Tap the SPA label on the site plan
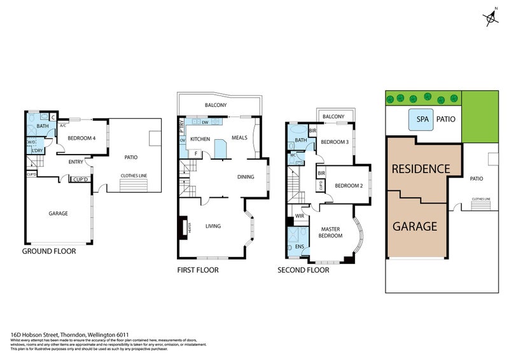pos(422,119)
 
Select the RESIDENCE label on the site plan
pos(421,169)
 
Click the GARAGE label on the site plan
pos(414,226)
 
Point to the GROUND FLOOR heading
pos(49,251)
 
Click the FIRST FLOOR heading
pos(197,270)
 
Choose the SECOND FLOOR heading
pos(303,270)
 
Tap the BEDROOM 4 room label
pos(81,138)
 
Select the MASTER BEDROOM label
pos(331,232)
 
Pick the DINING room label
pos(246,177)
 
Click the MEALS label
pos(239,137)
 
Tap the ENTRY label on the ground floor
pos(76,162)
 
